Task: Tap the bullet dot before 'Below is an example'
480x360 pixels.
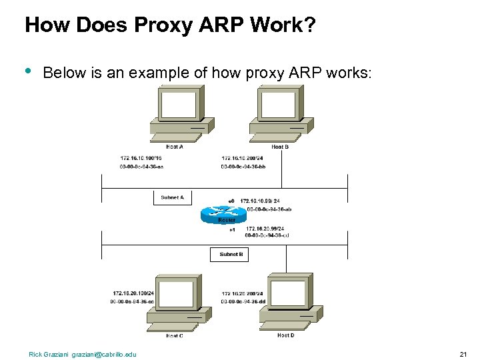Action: (x=28, y=70)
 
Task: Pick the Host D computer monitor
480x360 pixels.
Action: (x=289, y=294)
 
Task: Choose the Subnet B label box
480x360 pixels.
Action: (x=231, y=254)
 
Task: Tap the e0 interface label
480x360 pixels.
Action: (x=231, y=201)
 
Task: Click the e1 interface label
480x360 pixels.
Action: (x=232, y=230)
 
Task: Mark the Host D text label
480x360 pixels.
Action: (x=285, y=335)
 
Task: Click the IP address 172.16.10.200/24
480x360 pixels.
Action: (x=243, y=158)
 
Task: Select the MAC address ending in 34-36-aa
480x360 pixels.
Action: (x=141, y=167)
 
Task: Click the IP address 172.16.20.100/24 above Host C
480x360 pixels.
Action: (x=133, y=293)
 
